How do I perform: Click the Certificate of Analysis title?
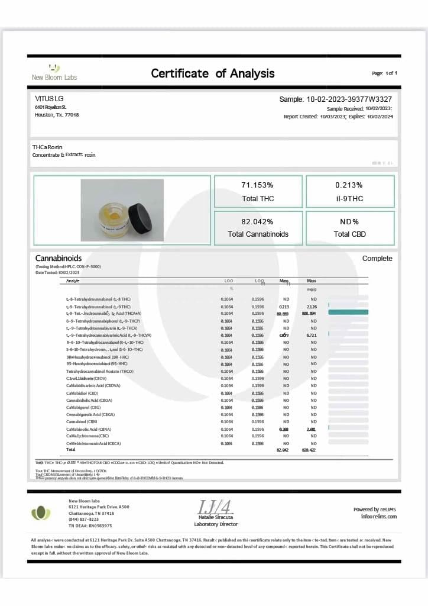213,73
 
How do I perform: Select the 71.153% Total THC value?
257,185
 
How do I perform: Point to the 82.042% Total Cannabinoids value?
258,222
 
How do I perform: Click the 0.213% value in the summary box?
349,185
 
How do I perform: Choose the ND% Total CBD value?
349,222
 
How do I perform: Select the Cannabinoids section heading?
59,259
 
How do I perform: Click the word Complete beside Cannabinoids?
377,259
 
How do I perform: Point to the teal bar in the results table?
348,312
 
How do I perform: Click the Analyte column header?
73,281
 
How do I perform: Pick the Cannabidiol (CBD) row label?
82,393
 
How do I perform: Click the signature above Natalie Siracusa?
215,507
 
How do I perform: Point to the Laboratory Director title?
216,524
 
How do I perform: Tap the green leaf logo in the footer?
41,512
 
